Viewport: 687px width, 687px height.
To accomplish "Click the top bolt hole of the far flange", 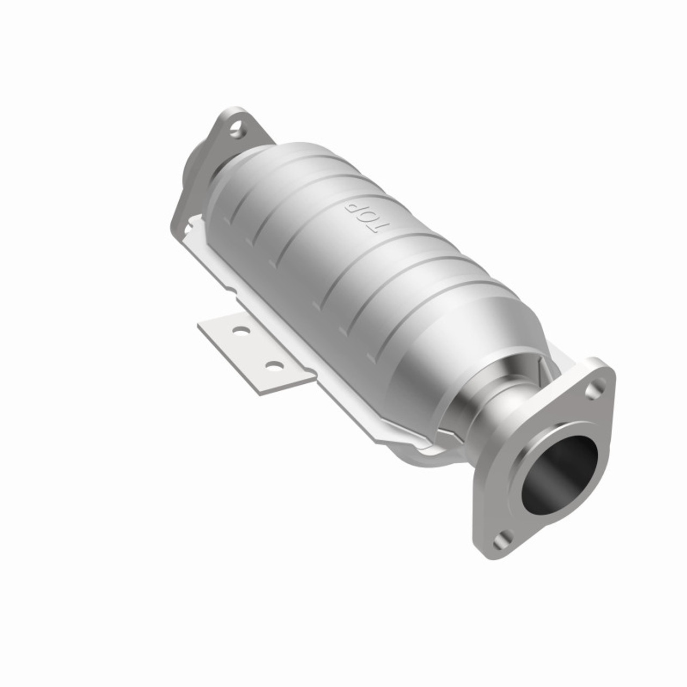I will [235, 127].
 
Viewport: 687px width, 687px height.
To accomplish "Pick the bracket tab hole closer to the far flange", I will [240, 331].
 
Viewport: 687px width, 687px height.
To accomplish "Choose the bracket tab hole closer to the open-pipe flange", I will [274, 367].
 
